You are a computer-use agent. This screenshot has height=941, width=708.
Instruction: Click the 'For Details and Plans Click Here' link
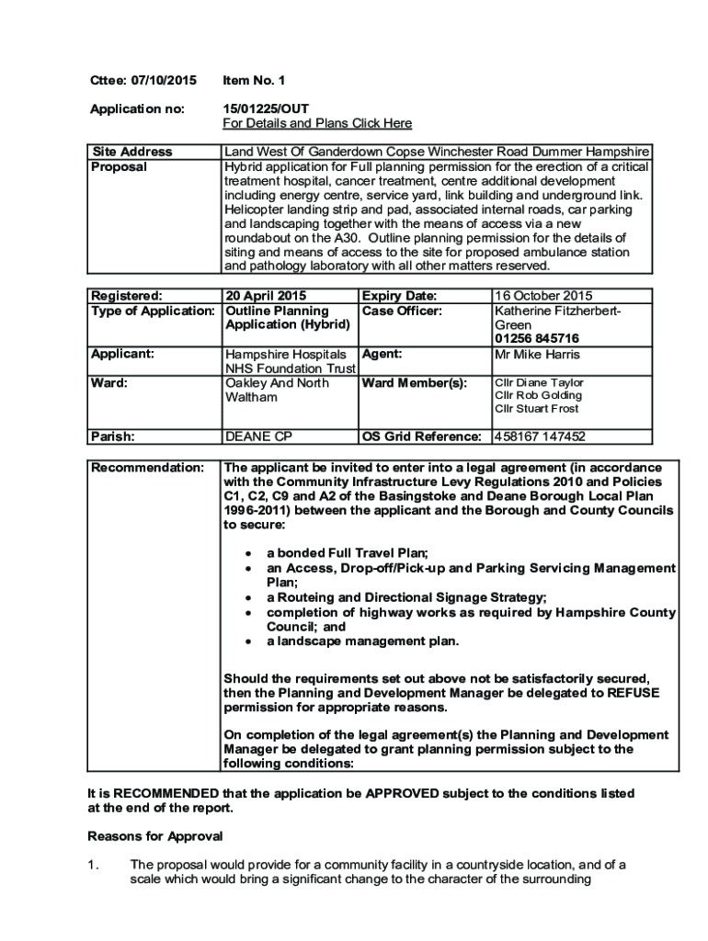(x=317, y=123)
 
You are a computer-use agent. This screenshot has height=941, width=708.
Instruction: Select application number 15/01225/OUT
(x=266, y=108)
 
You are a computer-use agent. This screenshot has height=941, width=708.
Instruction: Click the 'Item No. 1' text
(x=254, y=81)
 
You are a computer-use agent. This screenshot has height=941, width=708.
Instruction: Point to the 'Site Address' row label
(x=131, y=152)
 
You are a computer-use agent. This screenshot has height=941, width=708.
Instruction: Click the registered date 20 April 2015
(x=266, y=296)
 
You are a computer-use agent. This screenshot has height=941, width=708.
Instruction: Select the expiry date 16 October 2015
(x=543, y=296)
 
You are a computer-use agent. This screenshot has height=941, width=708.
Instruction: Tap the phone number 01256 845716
(x=537, y=339)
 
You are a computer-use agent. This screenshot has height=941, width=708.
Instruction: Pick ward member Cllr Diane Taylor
(x=539, y=382)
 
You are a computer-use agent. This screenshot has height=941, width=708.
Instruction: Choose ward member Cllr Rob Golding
(x=538, y=395)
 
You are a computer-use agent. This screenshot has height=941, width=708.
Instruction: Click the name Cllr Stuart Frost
(x=537, y=409)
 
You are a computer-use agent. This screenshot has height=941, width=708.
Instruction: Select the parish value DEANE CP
(x=258, y=436)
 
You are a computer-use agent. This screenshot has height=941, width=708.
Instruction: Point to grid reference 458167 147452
(x=540, y=436)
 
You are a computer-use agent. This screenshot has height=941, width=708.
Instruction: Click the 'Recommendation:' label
(x=146, y=468)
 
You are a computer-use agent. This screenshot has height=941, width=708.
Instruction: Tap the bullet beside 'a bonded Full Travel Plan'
(x=248, y=554)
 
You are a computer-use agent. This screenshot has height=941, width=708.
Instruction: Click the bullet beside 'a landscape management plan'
(x=248, y=641)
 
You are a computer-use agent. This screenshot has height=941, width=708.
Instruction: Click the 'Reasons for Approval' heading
(x=155, y=836)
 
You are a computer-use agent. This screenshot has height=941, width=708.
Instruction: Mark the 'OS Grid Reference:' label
(x=422, y=436)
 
